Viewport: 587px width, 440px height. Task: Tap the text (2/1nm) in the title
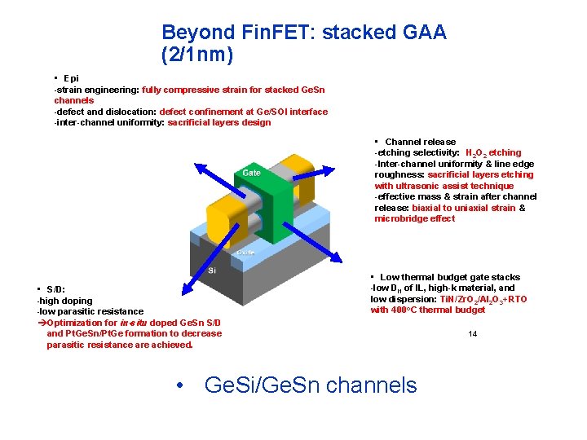(x=197, y=56)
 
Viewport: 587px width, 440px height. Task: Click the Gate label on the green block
(x=251, y=173)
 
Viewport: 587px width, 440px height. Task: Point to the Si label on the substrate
(x=212, y=270)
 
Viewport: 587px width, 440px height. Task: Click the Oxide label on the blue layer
(x=245, y=253)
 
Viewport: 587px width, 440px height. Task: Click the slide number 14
(x=473, y=334)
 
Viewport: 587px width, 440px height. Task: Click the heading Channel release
(x=420, y=142)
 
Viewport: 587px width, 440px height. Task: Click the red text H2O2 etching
(x=493, y=152)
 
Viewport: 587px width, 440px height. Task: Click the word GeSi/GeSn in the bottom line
(x=254, y=385)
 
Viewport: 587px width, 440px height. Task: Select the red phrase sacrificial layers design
(x=218, y=123)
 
